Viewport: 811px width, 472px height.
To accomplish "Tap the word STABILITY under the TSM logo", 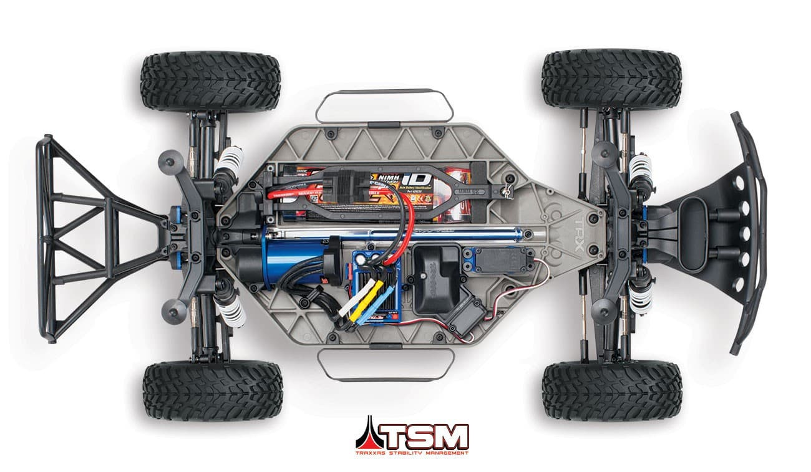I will pyautogui.click(x=411, y=453).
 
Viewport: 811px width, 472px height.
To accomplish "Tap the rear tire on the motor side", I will pyautogui.click(x=212, y=390).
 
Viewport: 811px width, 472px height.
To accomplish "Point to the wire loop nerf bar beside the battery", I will pyautogui.click(x=384, y=106).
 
